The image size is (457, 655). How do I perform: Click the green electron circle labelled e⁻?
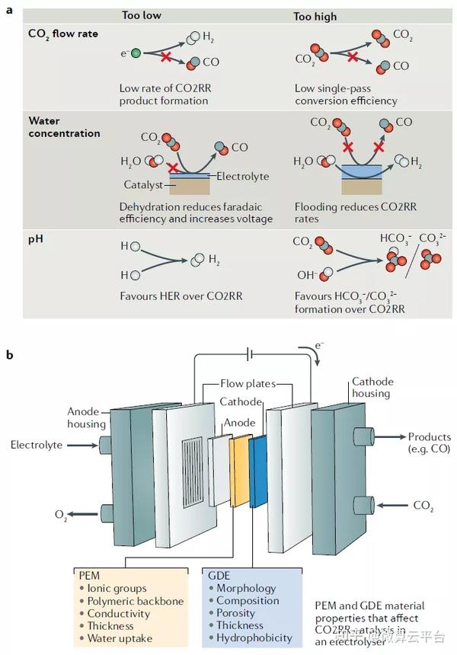(136, 53)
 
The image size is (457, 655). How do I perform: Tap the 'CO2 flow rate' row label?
(62, 34)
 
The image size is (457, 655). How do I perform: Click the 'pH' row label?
(35, 240)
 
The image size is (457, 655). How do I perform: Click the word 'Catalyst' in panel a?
(144, 184)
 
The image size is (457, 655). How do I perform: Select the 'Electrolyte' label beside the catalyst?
(242, 177)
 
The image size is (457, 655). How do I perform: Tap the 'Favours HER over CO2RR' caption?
(181, 296)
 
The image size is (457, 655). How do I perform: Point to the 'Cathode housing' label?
(371, 387)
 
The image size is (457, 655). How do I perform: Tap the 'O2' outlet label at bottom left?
(60, 515)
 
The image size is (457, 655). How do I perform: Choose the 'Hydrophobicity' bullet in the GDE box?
(254, 637)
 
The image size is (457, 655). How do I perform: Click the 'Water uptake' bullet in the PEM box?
(119, 637)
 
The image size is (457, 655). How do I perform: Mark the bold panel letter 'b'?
(9, 354)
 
